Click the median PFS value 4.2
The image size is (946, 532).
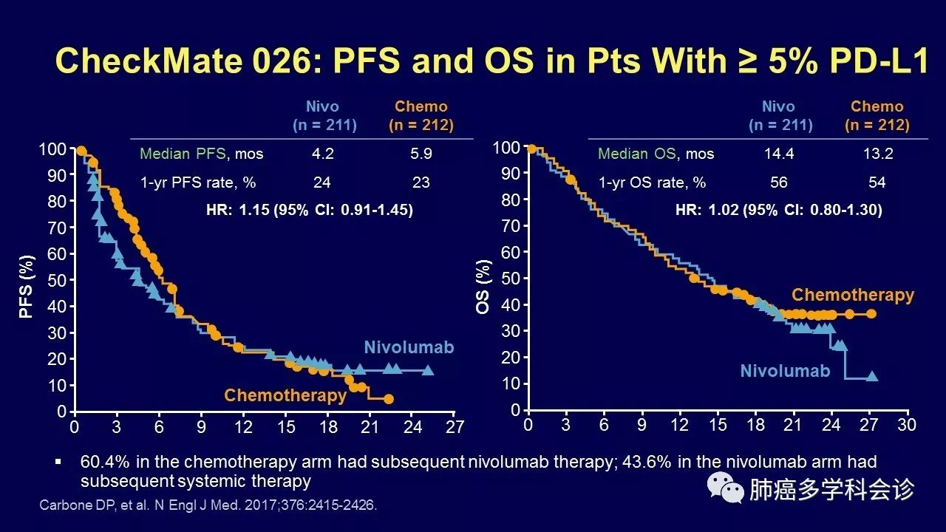pyautogui.click(x=322, y=154)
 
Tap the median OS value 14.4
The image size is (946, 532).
pyautogui.click(x=778, y=154)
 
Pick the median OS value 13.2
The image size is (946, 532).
pyautogui.click(x=877, y=154)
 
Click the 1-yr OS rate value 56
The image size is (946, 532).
pyautogui.click(x=778, y=183)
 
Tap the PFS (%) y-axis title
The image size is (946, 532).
pyautogui.click(x=27, y=286)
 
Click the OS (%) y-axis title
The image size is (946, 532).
pyautogui.click(x=483, y=286)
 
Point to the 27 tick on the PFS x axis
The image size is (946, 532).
pyautogui.click(x=455, y=427)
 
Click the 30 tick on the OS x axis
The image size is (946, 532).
pyautogui.click(x=906, y=426)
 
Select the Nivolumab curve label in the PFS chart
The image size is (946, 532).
pyautogui.click(x=409, y=347)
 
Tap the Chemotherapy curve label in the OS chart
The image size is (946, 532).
pyautogui.click(x=853, y=295)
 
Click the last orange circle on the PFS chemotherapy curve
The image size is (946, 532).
pyautogui.click(x=389, y=399)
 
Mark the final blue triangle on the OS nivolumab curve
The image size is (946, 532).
pyautogui.click(x=872, y=376)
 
